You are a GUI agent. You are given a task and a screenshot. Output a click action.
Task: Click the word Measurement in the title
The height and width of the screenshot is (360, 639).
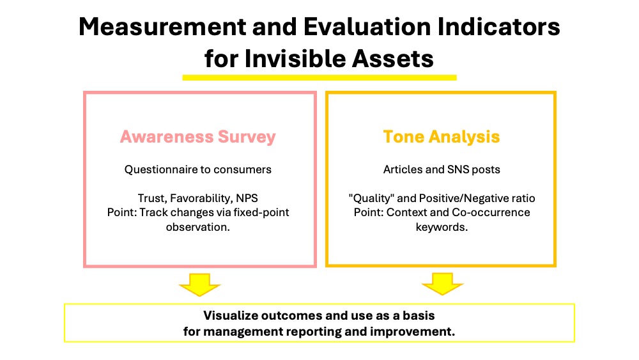(x=162, y=27)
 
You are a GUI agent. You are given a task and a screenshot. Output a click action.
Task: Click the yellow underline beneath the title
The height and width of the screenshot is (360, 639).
(x=319, y=77)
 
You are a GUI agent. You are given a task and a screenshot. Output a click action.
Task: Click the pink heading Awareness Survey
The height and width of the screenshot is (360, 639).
(x=197, y=137)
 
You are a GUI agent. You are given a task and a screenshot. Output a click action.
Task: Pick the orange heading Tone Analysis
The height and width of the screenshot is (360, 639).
(x=442, y=137)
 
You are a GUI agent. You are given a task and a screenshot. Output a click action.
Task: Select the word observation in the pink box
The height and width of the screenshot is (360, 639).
(x=197, y=227)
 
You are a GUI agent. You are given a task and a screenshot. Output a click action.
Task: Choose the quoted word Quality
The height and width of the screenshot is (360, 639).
(x=371, y=199)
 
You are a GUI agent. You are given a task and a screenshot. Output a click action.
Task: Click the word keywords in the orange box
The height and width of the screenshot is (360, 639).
(x=442, y=228)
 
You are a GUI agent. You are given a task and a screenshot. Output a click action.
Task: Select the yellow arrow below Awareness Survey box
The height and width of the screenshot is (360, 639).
(x=199, y=285)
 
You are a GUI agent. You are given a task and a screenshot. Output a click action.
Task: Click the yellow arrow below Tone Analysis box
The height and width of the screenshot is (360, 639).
(x=442, y=284)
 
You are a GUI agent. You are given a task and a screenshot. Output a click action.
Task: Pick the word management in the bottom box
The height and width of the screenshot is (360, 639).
(x=243, y=332)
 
